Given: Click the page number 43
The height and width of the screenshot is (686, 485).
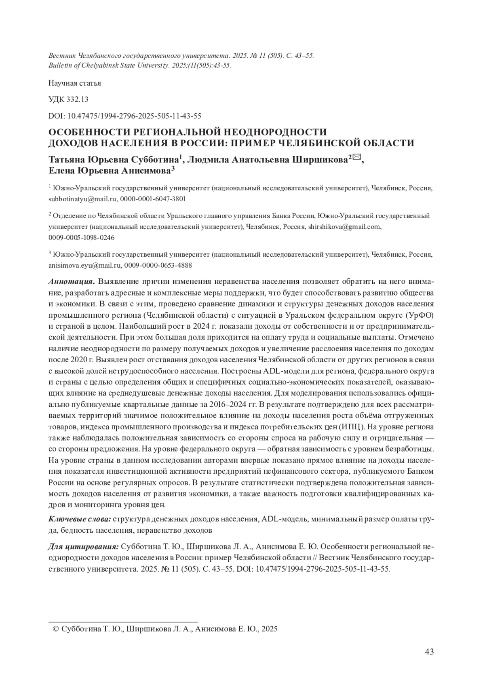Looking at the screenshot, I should pos(430,651).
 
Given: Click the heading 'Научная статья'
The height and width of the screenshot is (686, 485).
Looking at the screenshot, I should pos(75,83).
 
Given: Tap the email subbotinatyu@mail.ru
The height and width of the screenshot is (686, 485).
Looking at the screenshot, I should pos(82,199).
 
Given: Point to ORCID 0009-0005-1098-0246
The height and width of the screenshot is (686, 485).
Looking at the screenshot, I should pos(81,238).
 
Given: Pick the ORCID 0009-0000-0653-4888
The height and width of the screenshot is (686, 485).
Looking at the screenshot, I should pos(158,265).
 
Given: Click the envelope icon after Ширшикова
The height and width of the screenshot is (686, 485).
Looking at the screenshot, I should pos(356,158).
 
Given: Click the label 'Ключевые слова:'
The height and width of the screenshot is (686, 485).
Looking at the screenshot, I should pos(80,519).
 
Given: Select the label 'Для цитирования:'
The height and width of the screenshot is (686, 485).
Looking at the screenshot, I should pos(83,547).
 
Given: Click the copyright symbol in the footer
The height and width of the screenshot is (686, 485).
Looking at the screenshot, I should pos(56,629).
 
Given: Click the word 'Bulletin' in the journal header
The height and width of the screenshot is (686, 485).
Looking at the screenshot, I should pos(61,66).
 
